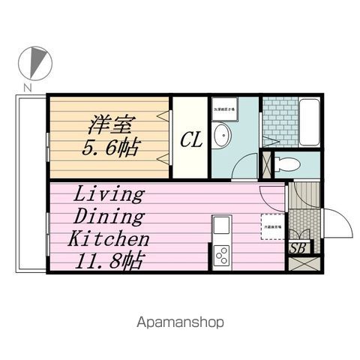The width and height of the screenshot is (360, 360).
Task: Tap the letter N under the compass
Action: [x=26, y=88]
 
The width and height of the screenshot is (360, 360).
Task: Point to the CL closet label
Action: [x=190, y=139]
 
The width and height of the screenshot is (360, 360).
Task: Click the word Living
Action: [x=108, y=194]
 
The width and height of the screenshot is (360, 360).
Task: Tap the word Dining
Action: [x=108, y=217]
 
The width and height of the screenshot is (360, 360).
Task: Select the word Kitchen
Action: [x=109, y=240]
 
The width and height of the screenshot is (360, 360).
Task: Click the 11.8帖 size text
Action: [x=108, y=262]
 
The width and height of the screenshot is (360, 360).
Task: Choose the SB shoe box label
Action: [x=298, y=248]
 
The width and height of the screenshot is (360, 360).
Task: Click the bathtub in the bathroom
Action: [x=309, y=119]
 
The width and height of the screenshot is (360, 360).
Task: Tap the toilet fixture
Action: [x=287, y=165]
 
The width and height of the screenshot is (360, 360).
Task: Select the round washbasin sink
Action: [x=221, y=137]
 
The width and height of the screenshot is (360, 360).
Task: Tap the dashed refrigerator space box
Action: [x=271, y=224]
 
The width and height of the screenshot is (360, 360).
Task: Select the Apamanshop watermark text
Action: [x=180, y=322]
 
